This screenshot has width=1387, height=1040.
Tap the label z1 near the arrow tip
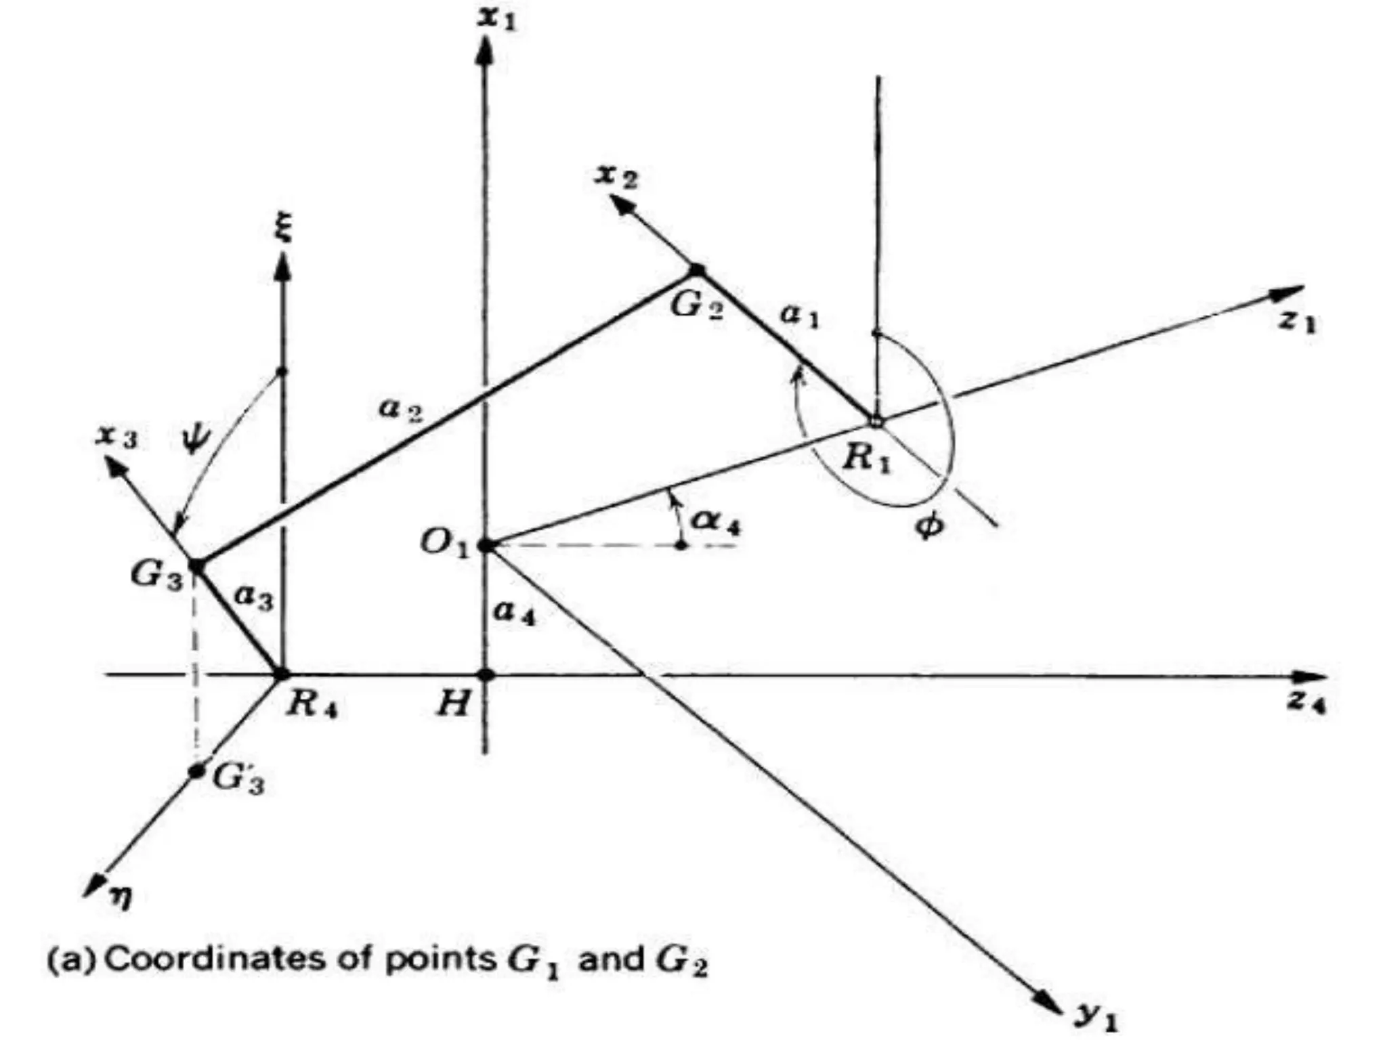point(1296,321)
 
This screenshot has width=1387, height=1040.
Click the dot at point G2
point(697,270)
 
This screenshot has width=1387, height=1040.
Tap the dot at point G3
point(196,565)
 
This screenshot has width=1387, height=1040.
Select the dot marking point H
point(485,675)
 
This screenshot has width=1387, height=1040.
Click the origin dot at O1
point(485,545)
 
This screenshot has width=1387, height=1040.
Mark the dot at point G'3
point(196,771)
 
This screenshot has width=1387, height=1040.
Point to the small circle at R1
point(876,421)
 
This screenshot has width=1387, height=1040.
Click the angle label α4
point(715,522)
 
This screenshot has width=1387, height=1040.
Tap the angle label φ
point(928,525)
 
